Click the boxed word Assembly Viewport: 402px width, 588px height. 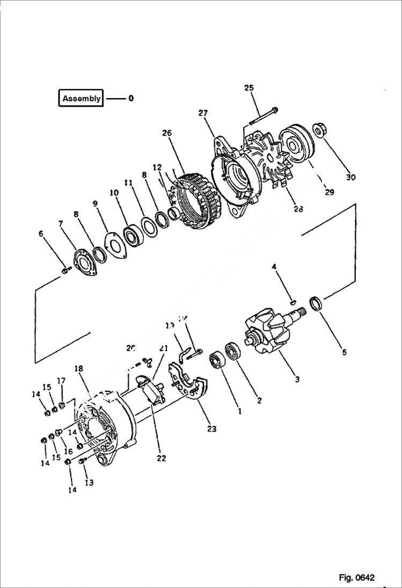pos(81,99)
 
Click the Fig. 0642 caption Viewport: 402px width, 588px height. pos(356,577)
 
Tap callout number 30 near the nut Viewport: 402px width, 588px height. pos(350,177)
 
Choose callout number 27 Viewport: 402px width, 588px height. pos(203,113)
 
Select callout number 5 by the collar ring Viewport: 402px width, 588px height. pos(344,352)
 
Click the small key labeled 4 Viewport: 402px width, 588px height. pos(293,302)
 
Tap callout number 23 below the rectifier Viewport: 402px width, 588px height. pos(212,428)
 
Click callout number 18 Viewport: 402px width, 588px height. pos(79,369)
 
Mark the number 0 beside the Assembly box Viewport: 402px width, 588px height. pos(131,99)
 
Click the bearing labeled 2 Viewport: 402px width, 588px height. pos(235,352)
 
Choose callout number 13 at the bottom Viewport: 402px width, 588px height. pos(89,482)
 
